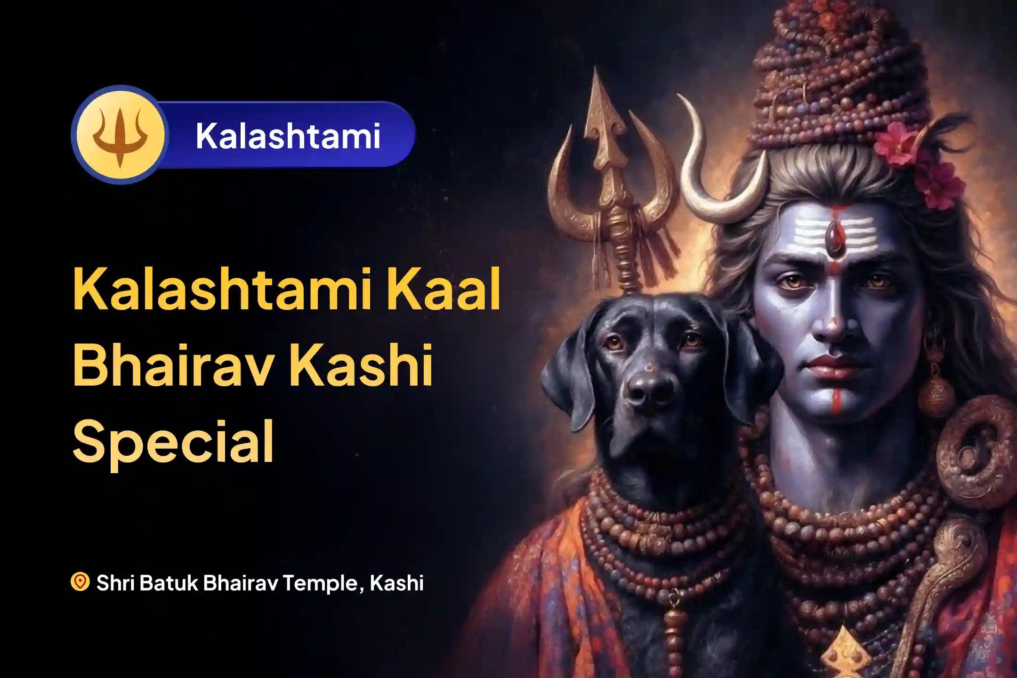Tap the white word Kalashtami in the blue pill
point(288,135)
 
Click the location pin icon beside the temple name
point(81,581)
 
